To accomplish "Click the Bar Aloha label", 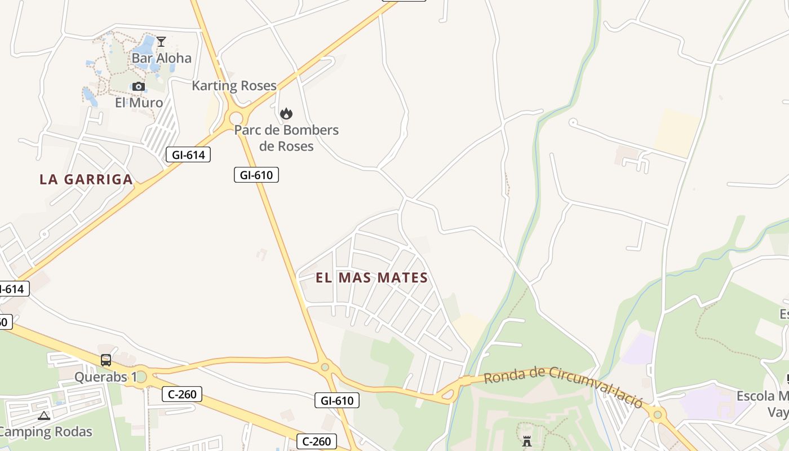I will (x=161, y=58).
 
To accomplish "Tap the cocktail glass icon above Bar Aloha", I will (x=161, y=42).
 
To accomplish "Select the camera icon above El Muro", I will (x=139, y=86).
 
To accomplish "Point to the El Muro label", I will (x=139, y=103).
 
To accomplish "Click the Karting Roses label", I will (x=234, y=86).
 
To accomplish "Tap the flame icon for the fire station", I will (x=286, y=113).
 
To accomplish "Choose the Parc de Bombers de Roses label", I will (x=286, y=138).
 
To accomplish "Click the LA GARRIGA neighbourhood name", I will (x=86, y=179).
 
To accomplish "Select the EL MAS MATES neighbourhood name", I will (x=371, y=277).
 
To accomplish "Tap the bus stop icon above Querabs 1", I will (x=106, y=360).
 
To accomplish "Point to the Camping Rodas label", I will (x=45, y=432).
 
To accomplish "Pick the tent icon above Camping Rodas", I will (x=44, y=416).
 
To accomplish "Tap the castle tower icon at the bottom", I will (x=527, y=441).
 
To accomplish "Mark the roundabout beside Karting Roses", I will (x=236, y=118).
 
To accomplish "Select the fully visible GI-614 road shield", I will (x=188, y=154).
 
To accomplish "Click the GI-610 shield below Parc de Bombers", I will (x=256, y=175).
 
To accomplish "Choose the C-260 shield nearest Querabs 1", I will (x=181, y=394).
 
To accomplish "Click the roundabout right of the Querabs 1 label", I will (x=141, y=376).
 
